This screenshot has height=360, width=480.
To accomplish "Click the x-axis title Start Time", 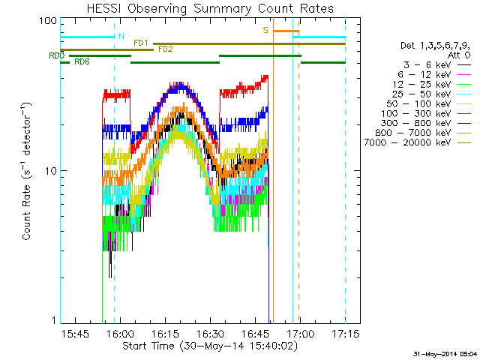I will (x=202, y=346).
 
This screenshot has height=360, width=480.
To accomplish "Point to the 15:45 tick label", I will (x=76, y=332).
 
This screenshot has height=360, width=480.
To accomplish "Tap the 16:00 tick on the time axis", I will (x=121, y=332).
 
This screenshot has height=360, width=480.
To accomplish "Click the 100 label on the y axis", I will (x=47, y=20).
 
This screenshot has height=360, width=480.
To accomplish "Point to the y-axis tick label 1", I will (x=53, y=321).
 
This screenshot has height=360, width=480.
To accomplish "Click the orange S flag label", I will (x=265, y=31).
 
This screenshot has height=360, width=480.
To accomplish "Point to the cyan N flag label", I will (x=121, y=35).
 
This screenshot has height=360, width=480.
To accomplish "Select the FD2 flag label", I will (x=165, y=49).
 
